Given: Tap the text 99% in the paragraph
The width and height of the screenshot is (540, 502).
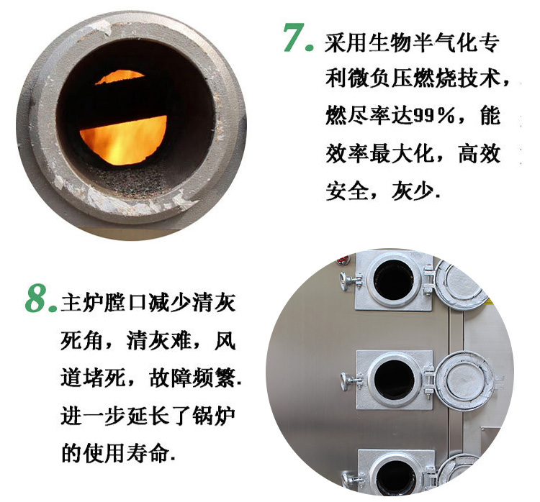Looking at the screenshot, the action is click(x=433, y=116).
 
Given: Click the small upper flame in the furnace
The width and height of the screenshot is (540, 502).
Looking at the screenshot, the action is click(x=120, y=77).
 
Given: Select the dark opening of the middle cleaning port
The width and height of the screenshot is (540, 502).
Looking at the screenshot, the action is click(x=395, y=380).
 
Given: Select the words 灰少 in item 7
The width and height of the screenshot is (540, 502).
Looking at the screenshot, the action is click(x=413, y=191).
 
